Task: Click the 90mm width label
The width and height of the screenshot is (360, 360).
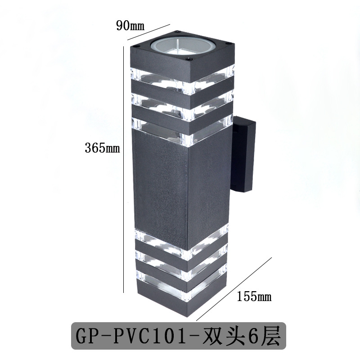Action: pyautogui.click(x=130, y=26)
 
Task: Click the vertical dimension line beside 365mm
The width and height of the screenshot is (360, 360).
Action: pyautogui.click(x=124, y=171)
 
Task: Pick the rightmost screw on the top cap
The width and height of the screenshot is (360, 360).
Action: pyautogui.click(x=230, y=44)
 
